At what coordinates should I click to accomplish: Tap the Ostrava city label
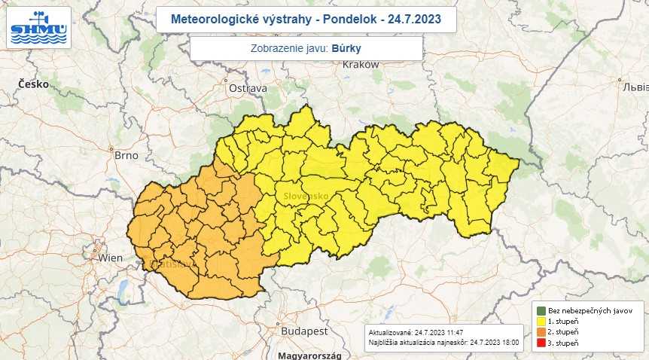point(248,88)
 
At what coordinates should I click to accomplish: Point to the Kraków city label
point(360,65)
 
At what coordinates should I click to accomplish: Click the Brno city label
point(126,155)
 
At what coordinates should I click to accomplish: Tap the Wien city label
point(110,258)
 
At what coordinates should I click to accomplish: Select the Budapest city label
point(304,331)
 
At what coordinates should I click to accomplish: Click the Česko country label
point(34,84)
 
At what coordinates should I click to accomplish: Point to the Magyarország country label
point(309,355)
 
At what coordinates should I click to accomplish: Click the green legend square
point(541,310)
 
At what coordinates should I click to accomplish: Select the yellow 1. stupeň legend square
point(541,322)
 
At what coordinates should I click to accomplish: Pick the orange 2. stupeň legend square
point(541,332)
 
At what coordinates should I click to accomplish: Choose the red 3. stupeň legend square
point(541,343)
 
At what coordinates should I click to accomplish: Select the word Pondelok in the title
point(340,19)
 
